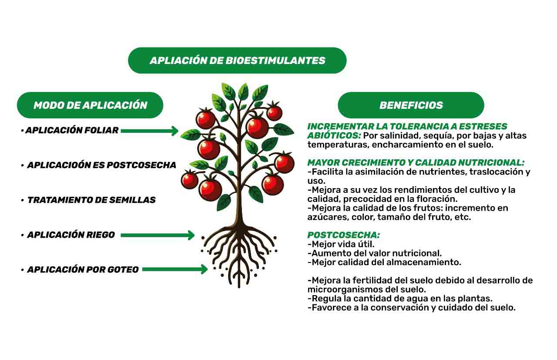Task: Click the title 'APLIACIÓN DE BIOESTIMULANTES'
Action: click(238, 61)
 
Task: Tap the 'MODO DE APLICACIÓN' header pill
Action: click(90, 105)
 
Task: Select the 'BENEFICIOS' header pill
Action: click(411, 105)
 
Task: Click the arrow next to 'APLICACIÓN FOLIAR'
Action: click(150, 131)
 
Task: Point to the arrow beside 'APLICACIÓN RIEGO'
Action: click(158, 235)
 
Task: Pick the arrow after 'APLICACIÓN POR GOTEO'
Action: click(175, 269)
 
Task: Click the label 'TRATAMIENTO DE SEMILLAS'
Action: click(91, 200)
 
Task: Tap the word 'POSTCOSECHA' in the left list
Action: click(141, 165)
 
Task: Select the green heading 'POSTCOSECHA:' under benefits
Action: click(344, 235)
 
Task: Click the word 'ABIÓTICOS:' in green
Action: click(334, 135)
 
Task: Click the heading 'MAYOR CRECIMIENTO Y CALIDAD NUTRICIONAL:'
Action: click(416, 163)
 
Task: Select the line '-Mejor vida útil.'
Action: click(341, 244)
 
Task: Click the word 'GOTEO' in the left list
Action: click(123, 269)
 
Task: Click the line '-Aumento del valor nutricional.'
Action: click(375, 253)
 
